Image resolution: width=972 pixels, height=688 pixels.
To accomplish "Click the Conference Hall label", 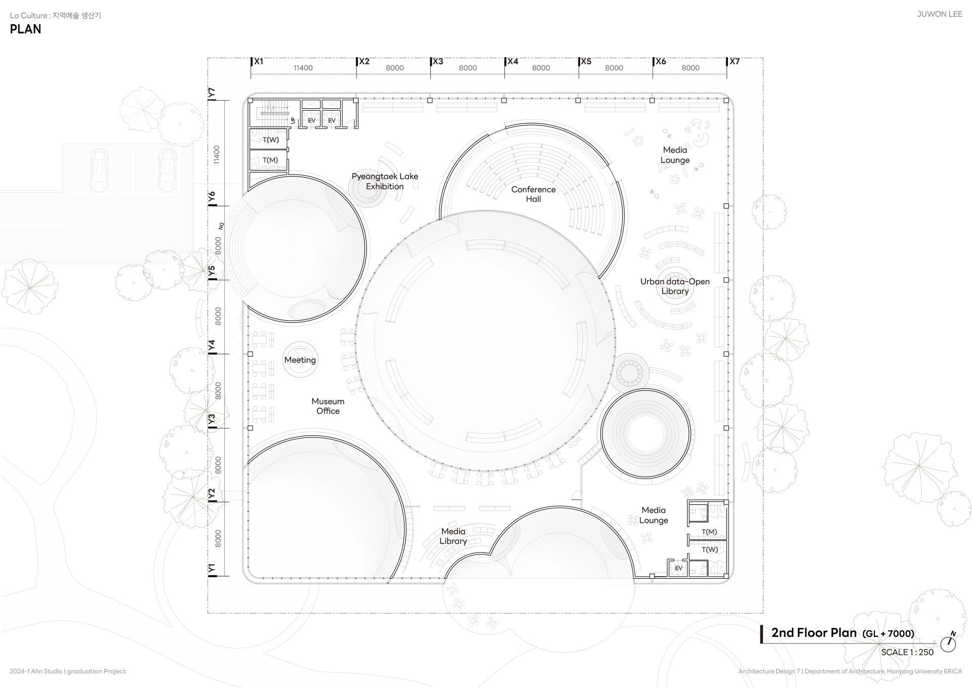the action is tap(533, 194).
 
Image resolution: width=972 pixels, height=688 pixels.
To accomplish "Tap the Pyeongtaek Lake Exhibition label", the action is tap(385, 181).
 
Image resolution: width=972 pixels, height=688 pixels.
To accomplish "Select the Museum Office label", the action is tap(328, 406).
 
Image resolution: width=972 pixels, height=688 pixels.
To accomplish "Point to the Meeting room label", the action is tap(300, 360).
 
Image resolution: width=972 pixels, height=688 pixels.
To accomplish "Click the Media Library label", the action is tap(453, 536).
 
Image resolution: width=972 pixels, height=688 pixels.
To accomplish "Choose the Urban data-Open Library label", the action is tap(675, 286).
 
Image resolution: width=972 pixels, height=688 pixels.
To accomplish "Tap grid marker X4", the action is tap(512, 62).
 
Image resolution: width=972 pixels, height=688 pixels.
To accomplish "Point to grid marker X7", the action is tap(734, 62).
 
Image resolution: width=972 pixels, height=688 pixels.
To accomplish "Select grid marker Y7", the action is tap(212, 93).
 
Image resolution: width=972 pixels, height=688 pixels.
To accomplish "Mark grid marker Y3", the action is tap(212, 419).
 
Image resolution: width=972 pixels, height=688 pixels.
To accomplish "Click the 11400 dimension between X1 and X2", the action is tap(303, 68).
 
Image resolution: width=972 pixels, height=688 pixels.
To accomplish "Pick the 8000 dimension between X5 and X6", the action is tap(614, 68).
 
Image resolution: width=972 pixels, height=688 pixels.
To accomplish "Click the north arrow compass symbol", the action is tap(948, 643).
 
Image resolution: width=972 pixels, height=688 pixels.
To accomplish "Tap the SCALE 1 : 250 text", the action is tap(907, 653).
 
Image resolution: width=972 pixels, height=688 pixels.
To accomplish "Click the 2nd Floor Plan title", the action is tap(814, 633).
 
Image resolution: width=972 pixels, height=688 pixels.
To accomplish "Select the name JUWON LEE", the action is tap(940, 14).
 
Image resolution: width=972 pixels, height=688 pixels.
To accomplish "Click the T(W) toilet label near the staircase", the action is tap(270, 140).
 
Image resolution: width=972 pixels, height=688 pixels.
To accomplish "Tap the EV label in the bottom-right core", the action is tap(679, 568).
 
